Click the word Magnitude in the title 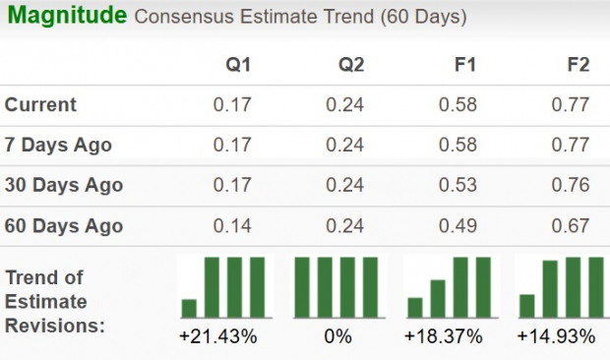pyautogui.click(x=65, y=17)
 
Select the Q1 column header pyautogui.click(x=238, y=65)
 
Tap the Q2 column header pyautogui.click(x=351, y=65)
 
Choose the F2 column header pyautogui.click(x=578, y=65)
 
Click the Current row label pyautogui.click(x=40, y=105)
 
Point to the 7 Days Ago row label pyautogui.click(x=58, y=146)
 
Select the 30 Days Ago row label pyautogui.click(x=63, y=185)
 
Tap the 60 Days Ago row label pyautogui.click(x=63, y=225)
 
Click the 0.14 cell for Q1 pyautogui.click(x=232, y=225)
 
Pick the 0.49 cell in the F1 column pyautogui.click(x=458, y=225)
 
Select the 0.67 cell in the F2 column pyautogui.click(x=572, y=225)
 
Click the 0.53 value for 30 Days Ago pyautogui.click(x=458, y=185)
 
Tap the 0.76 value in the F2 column pyautogui.click(x=572, y=185)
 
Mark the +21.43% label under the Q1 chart pyautogui.click(x=217, y=337)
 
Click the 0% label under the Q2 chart pyautogui.click(x=337, y=337)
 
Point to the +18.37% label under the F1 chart pyautogui.click(x=444, y=337)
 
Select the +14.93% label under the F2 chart pyautogui.click(x=556, y=337)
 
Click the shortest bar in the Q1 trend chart pyautogui.click(x=189, y=308)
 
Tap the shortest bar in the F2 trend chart pyautogui.click(x=527, y=306)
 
